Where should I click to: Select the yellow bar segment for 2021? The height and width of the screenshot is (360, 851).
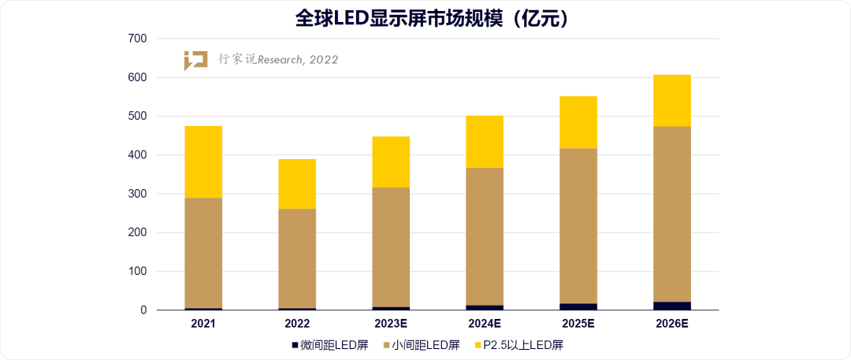(x=203, y=161)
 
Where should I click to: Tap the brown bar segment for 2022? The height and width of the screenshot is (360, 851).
(x=297, y=258)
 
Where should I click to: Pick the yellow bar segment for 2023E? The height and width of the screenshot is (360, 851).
(x=391, y=161)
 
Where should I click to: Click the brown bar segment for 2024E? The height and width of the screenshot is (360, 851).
(x=485, y=236)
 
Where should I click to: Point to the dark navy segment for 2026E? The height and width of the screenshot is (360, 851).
(x=672, y=306)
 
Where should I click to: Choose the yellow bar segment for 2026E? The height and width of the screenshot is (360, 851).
(x=672, y=101)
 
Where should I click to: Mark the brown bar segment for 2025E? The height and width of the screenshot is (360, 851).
(x=578, y=225)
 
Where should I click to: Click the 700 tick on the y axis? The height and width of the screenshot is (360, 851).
(x=137, y=39)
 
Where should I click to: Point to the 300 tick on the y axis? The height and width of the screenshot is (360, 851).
(x=137, y=194)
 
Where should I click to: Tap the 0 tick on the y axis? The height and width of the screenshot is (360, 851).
(x=143, y=310)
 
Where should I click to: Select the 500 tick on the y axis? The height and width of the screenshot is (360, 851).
(x=137, y=117)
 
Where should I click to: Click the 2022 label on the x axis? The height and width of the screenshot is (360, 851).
(x=297, y=324)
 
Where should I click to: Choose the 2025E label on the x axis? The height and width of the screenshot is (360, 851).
(x=578, y=324)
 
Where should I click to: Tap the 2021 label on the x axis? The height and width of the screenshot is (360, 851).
(x=203, y=324)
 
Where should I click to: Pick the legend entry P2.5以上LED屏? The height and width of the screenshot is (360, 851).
(x=523, y=344)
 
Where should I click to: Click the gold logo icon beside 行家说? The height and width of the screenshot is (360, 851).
(x=195, y=60)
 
